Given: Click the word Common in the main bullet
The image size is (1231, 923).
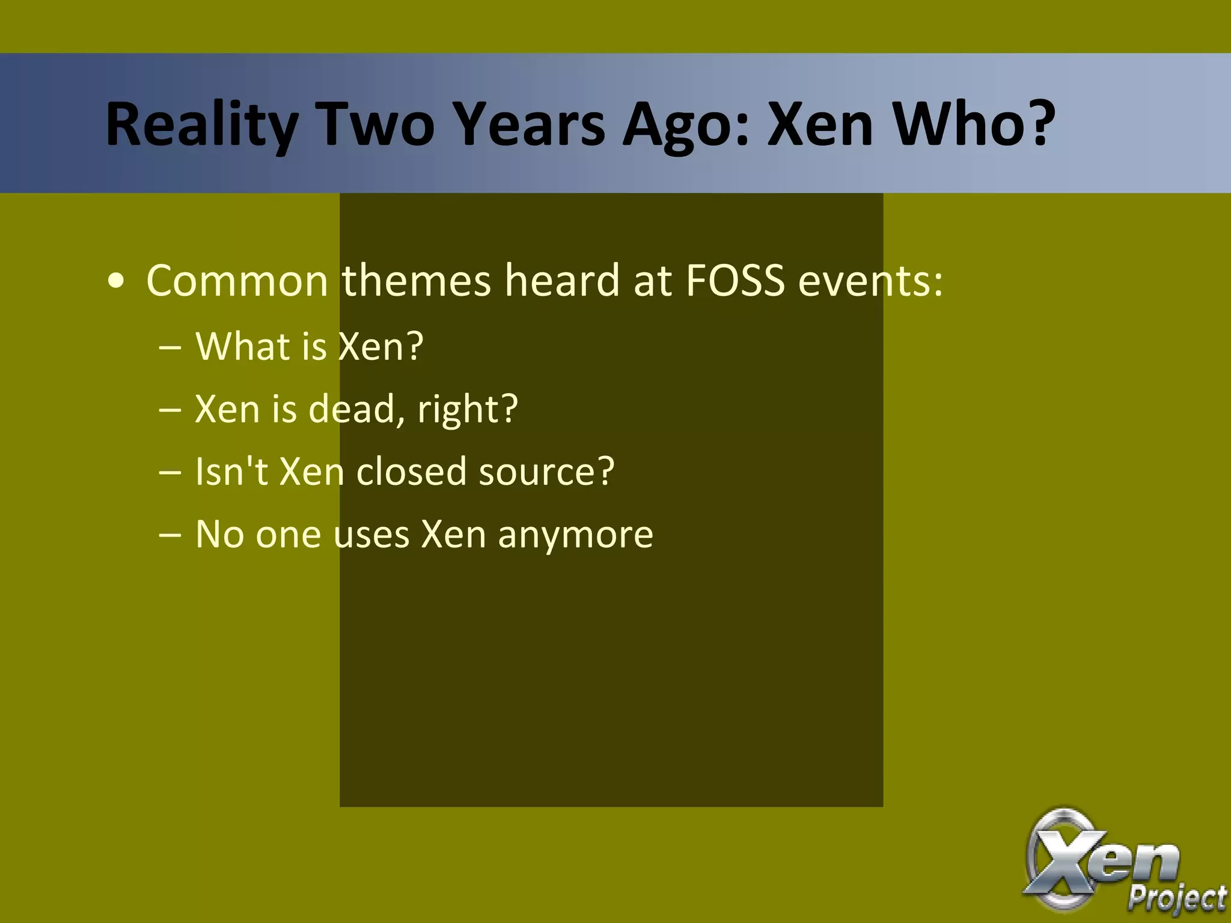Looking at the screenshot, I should (237, 281).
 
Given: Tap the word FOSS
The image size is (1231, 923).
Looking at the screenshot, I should (735, 281).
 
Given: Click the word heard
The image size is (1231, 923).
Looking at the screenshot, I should (562, 281).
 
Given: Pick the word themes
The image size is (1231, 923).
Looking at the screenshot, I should (417, 281).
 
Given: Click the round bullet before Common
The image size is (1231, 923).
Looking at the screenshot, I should (115, 282).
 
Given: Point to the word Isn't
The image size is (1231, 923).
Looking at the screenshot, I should (231, 471).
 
